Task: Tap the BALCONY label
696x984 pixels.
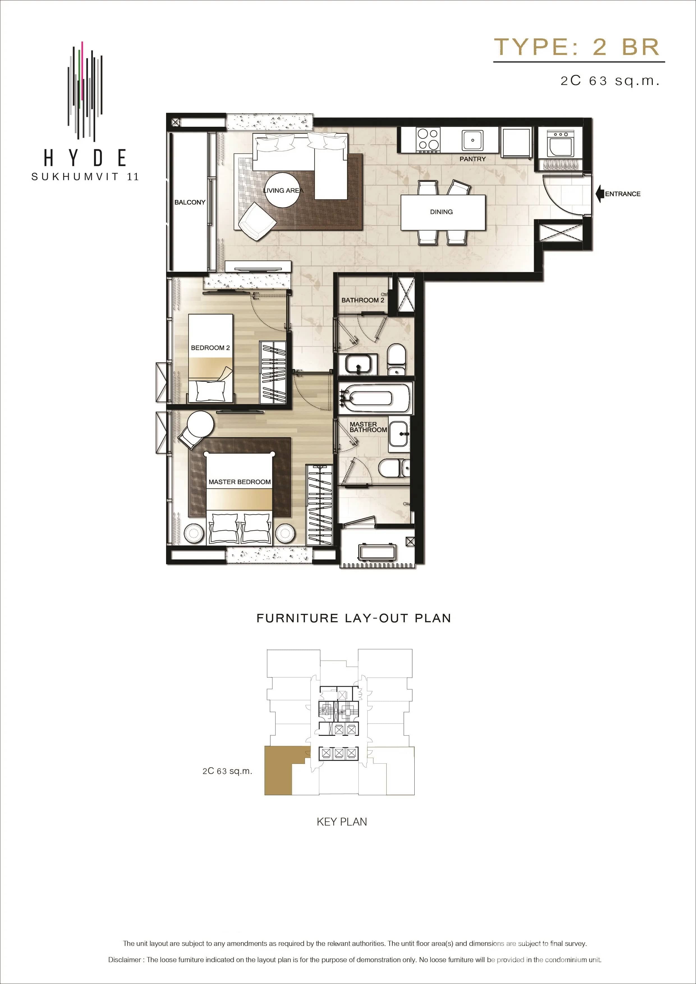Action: (x=190, y=202)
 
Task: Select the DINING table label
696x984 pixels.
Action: (x=441, y=212)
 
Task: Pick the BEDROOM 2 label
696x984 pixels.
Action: (x=210, y=347)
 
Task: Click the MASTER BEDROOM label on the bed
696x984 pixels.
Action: (x=239, y=482)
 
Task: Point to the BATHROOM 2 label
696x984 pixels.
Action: (x=362, y=300)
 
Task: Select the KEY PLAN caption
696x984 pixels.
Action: (x=342, y=822)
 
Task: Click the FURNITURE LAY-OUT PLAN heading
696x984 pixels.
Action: (x=353, y=618)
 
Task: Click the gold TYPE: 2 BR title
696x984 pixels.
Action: (x=577, y=47)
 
